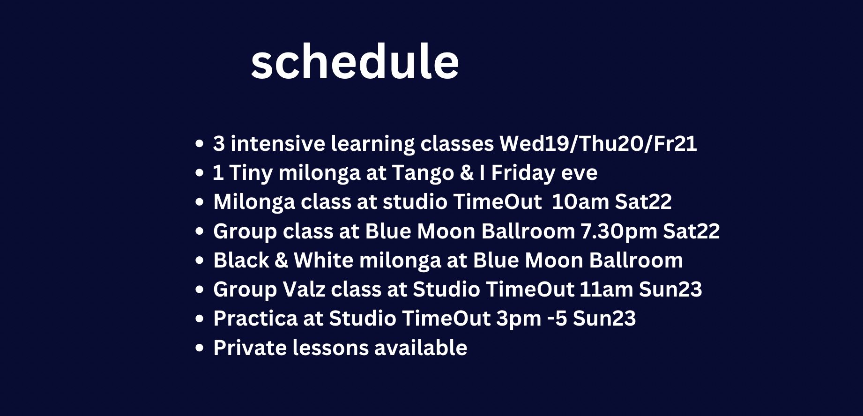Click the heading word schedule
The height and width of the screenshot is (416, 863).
click(355, 62)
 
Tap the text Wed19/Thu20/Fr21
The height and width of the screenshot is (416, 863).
click(598, 143)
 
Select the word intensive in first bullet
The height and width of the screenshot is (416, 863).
click(278, 143)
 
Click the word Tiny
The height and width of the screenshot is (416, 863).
click(251, 173)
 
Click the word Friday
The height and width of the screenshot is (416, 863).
click(523, 173)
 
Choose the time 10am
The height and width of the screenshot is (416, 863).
click(580, 202)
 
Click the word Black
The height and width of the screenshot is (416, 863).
click(241, 260)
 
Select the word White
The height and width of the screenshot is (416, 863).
click(323, 260)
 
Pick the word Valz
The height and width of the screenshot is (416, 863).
click(304, 290)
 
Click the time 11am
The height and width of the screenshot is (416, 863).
click(606, 290)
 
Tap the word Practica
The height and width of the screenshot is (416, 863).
click(256, 319)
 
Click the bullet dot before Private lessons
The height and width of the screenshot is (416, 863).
click(200, 348)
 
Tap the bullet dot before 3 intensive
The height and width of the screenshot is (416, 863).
click(200, 144)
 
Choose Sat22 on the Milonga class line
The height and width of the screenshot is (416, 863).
click(643, 202)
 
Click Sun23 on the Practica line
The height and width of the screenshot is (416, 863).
click(604, 319)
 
